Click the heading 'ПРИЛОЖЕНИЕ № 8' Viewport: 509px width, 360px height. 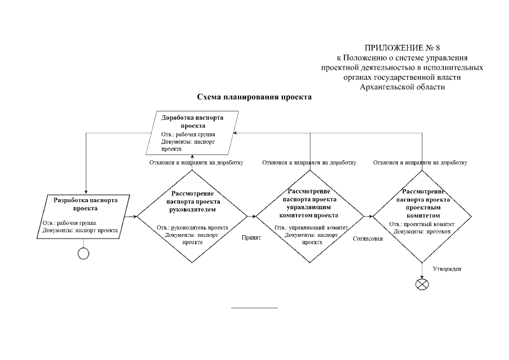pos(402,48)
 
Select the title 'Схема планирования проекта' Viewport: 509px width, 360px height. pos(254,97)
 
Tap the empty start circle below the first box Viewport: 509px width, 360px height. pos(83,254)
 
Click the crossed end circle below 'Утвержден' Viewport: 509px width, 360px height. pos(422,285)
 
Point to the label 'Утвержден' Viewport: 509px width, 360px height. pos(447,269)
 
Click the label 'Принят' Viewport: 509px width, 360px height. pos(251,237)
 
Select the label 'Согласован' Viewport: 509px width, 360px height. pos(368,238)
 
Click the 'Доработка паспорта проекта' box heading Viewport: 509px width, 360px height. pos(192,121)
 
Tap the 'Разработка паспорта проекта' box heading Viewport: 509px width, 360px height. pos(85,204)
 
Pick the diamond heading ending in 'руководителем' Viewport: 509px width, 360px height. pos(192,201)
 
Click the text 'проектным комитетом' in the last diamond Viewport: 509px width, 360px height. pos(423,211)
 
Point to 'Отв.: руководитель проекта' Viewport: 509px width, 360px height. pos(192,228)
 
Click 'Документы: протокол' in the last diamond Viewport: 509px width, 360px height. pos(422,231)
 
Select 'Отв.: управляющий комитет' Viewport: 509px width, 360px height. pos(312,228)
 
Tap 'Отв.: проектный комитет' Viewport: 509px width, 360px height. pos(422,224)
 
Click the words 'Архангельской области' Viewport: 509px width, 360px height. pos(402,87)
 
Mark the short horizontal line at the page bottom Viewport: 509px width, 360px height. pos(254,308)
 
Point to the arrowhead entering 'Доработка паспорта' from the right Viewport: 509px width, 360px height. pos(235,133)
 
